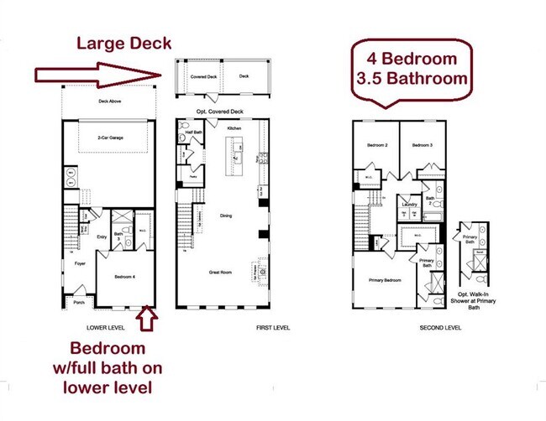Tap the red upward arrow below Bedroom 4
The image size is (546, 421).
pyautogui.click(x=148, y=319)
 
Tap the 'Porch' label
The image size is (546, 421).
pyautogui.click(x=79, y=303)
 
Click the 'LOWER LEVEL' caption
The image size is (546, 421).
pyautogui.click(x=107, y=327)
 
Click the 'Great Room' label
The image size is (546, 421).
pyautogui.click(x=221, y=273)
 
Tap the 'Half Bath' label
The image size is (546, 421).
pyautogui.click(x=192, y=132)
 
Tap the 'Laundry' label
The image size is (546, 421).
pyautogui.click(x=409, y=204)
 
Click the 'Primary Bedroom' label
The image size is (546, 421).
pyautogui.click(x=385, y=280)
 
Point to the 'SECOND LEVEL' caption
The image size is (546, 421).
pyautogui.click(x=441, y=327)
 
